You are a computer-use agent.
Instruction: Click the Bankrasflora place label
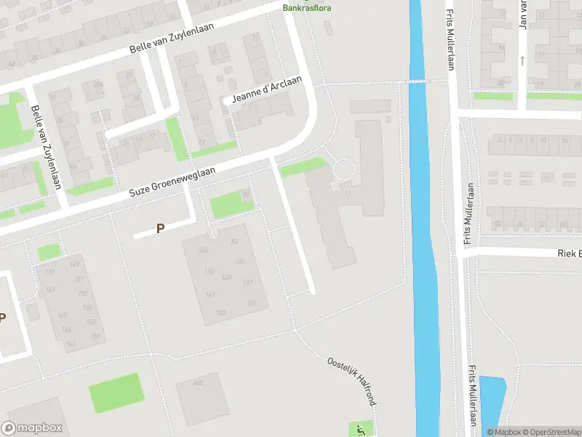305,8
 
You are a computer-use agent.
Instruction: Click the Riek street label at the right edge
569,253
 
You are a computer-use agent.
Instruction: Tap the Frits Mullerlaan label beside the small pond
473,397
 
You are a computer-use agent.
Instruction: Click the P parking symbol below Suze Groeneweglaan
161,229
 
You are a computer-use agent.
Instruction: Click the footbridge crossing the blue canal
417,81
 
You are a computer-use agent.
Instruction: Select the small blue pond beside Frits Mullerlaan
492,404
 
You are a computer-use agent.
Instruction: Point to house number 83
234,241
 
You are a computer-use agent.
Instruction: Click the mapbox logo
33,428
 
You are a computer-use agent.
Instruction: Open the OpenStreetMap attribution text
551,432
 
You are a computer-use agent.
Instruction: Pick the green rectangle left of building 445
114,393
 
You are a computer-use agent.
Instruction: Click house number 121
252,303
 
